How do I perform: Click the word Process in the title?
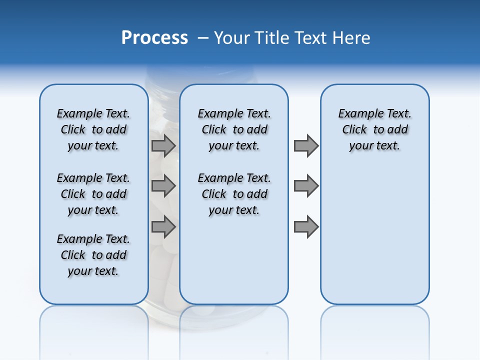pyautogui.click(x=154, y=38)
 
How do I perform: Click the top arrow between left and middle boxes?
pyautogui.click(x=163, y=145)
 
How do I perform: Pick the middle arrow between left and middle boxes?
pyautogui.click(x=163, y=186)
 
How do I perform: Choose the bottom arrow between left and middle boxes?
pyautogui.click(x=163, y=226)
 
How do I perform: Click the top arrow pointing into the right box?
pyautogui.click(x=306, y=145)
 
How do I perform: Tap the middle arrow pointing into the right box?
pyautogui.click(x=306, y=186)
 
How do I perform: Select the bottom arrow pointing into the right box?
pyautogui.click(x=306, y=226)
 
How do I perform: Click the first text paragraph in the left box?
pyautogui.click(x=93, y=129)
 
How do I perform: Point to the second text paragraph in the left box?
pyautogui.click(x=93, y=194)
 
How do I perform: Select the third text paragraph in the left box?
pyautogui.click(x=93, y=255)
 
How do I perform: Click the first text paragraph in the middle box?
pyautogui.click(x=234, y=129)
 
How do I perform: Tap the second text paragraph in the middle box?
pyautogui.click(x=234, y=194)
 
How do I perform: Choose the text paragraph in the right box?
pyautogui.click(x=374, y=129)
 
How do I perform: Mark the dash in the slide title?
pyautogui.click(x=203, y=38)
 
